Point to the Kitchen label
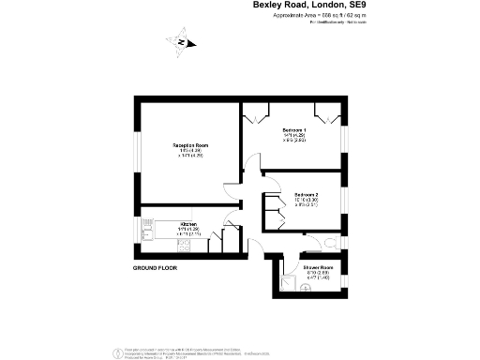(188, 225)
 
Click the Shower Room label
(318, 267)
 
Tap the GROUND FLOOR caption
(155, 268)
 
